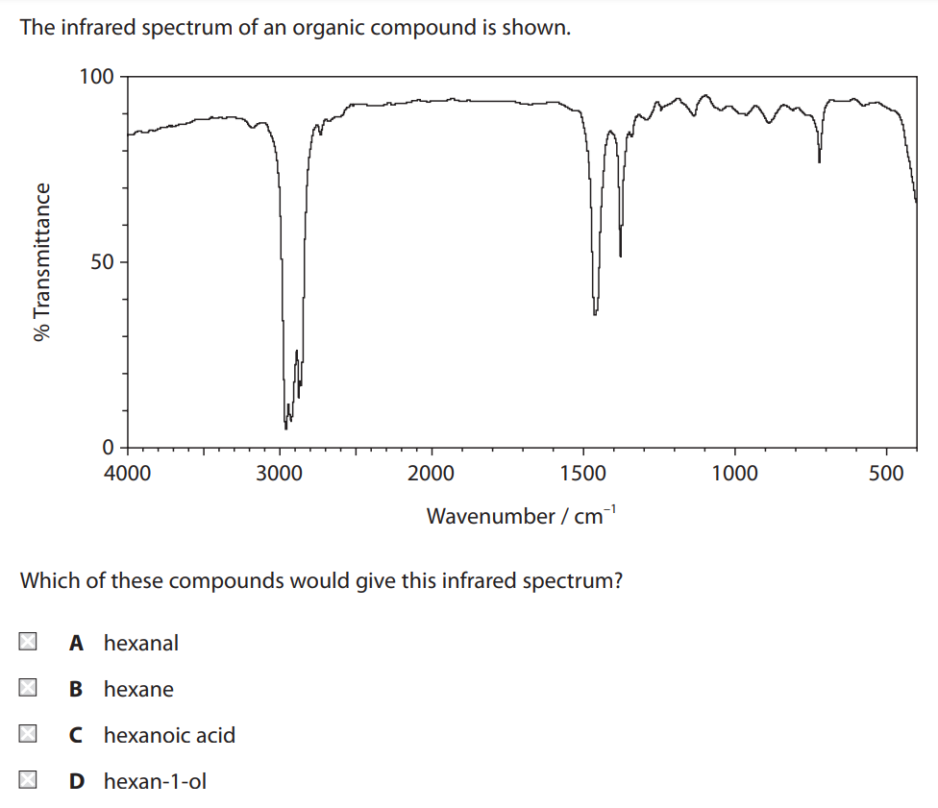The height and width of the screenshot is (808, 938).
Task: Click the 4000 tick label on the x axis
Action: (126, 472)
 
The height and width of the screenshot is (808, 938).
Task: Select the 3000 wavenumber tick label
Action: (279, 472)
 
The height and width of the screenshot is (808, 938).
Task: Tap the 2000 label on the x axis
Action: (432, 472)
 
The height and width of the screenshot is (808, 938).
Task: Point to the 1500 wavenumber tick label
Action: (582, 472)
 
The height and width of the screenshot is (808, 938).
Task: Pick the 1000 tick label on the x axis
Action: (735, 472)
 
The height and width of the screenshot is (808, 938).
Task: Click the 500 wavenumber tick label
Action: (886, 472)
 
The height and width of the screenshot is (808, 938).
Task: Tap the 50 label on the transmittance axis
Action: (102, 262)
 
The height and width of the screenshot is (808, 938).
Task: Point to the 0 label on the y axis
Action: (108, 447)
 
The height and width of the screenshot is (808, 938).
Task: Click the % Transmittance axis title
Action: (40, 261)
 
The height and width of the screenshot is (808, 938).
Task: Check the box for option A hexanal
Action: (28, 643)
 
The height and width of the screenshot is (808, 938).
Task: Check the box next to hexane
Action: (28, 689)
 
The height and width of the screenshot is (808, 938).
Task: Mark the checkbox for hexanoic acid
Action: (28, 735)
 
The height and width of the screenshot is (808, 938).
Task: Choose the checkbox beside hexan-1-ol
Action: (28, 781)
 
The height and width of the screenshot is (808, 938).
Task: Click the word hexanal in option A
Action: (141, 643)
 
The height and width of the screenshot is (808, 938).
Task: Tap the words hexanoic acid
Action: (169, 735)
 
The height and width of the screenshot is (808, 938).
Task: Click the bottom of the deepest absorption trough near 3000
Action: (285, 427)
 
